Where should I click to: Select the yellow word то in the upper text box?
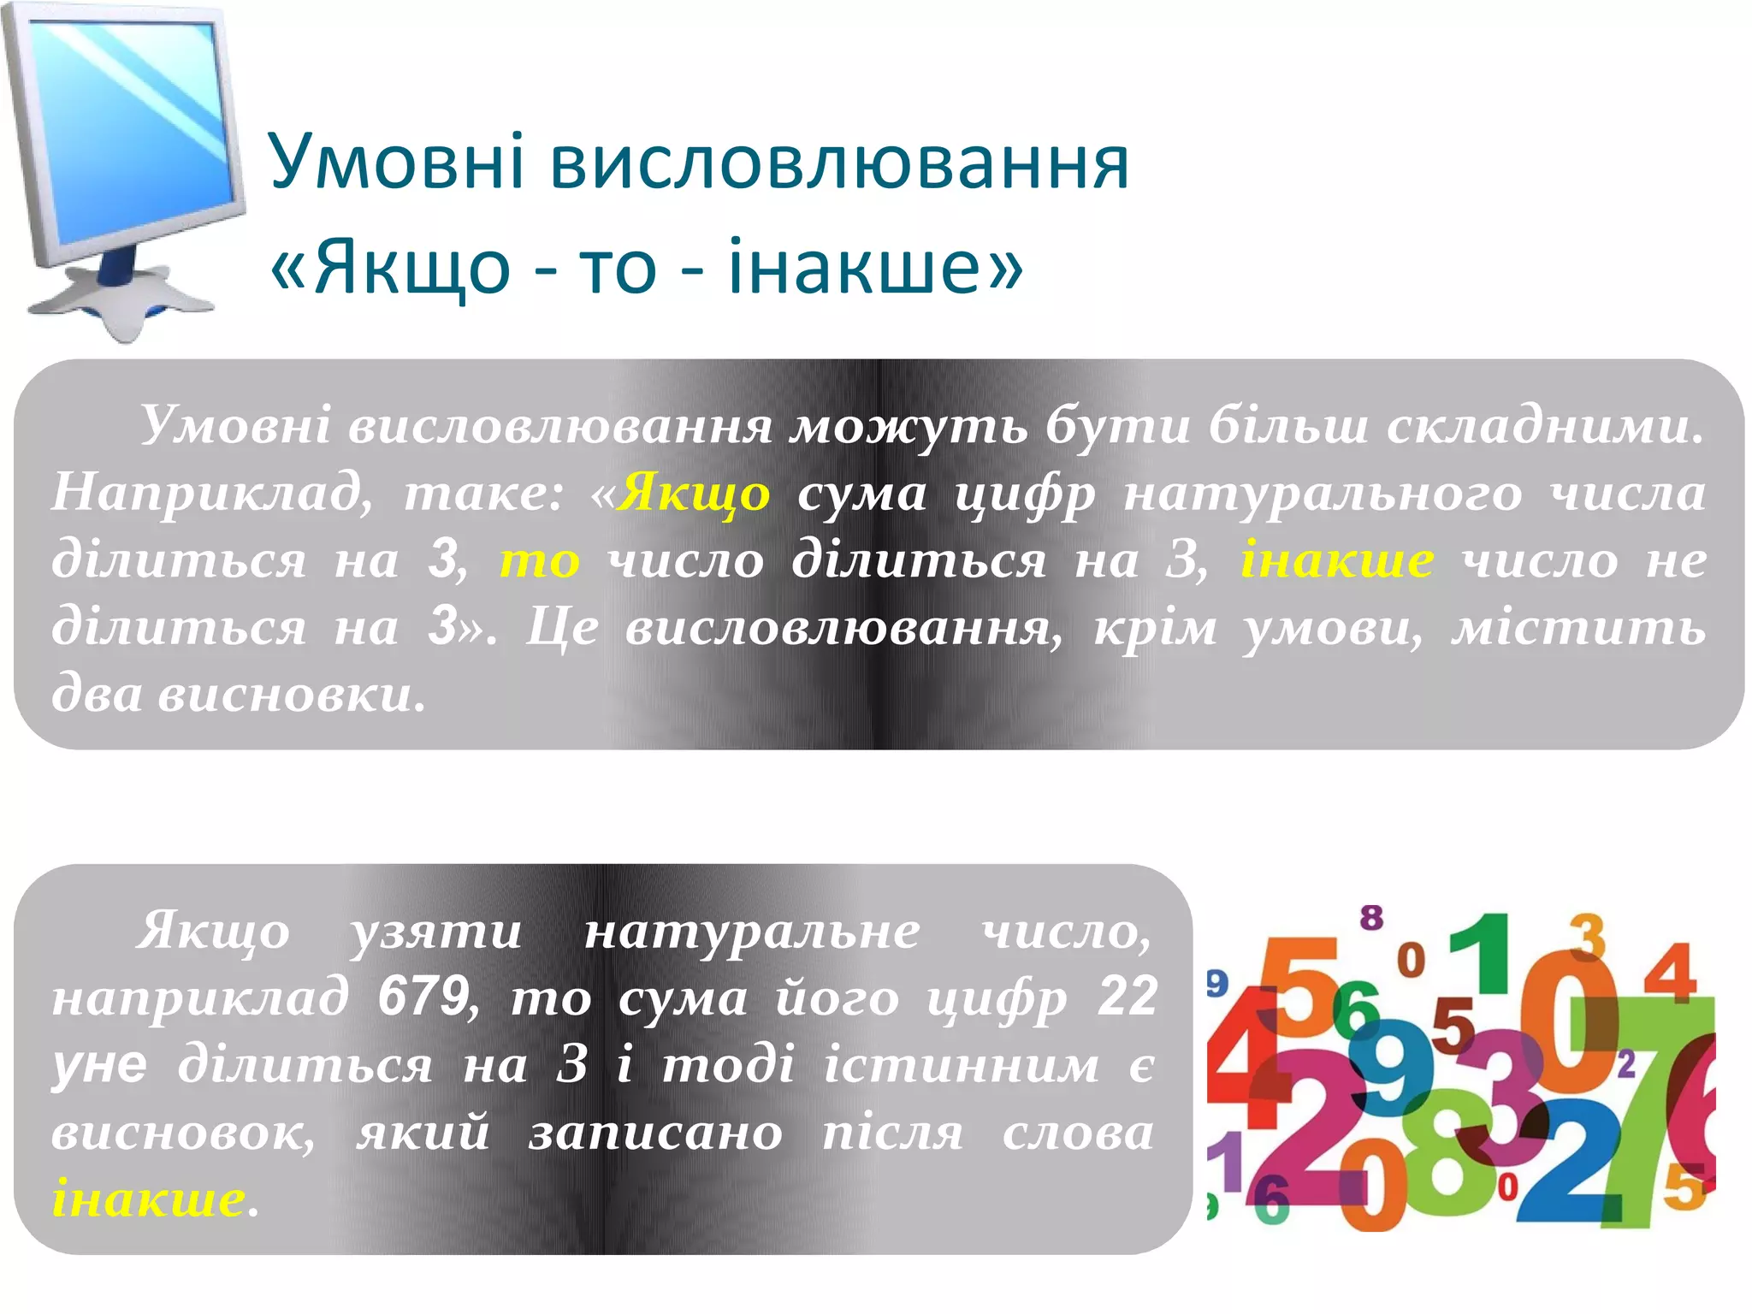540,561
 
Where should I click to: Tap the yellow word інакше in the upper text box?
1337,561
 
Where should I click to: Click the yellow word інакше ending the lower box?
149,1198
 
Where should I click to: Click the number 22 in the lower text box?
1128,997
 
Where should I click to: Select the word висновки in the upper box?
291,695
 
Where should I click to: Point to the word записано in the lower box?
655,1133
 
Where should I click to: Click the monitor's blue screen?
137,128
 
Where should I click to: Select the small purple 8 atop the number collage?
1371,918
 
